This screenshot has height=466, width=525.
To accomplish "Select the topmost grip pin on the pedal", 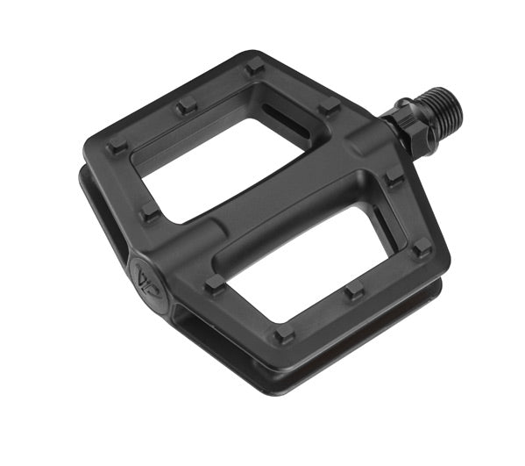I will pos(254,67).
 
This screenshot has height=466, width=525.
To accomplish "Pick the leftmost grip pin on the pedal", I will pos(117,147).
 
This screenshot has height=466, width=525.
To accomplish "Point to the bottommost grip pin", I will pos(281,335).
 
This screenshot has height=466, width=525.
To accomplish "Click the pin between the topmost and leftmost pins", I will pos(186,106).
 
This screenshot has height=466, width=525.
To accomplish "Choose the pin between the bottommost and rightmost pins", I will pos(353,290).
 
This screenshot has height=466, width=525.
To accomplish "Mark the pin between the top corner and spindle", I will pos(329,109).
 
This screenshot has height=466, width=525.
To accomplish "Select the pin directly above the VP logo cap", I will pos(150,212).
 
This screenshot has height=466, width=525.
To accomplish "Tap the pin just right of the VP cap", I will pos(214,283).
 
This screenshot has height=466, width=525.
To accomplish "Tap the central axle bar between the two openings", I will pos(263,211).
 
